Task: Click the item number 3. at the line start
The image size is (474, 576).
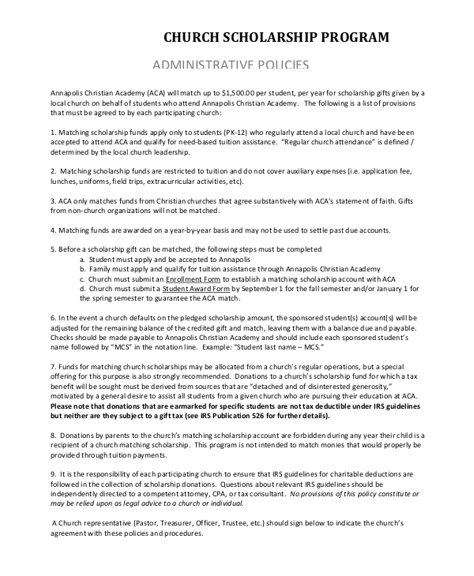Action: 52,200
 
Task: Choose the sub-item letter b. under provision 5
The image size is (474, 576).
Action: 82,269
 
